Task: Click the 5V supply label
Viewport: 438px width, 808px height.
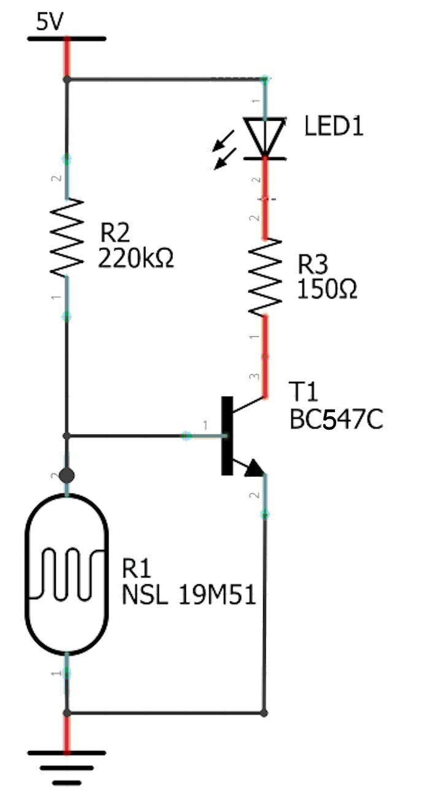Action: (x=50, y=22)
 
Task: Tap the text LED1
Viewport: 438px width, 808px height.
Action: (x=334, y=126)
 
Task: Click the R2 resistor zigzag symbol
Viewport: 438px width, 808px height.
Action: (x=67, y=237)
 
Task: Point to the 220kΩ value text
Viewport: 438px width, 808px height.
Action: (x=136, y=258)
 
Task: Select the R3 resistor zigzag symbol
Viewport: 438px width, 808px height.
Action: (x=265, y=277)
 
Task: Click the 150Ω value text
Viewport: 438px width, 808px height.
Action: (x=327, y=289)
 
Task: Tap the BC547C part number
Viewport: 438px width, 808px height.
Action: (x=336, y=419)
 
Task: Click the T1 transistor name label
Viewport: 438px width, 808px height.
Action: (x=303, y=391)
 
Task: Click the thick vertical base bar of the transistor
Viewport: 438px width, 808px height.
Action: (x=227, y=435)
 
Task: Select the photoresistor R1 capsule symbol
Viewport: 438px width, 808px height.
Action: (x=67, y=574)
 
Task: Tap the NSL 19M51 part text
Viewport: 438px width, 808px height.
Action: (x=189, y=595)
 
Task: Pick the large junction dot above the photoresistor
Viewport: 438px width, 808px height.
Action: (x=66, y=476)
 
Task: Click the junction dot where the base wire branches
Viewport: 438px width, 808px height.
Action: (x=66, y=436)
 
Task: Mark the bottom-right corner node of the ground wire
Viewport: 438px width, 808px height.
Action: (x=264, y=713)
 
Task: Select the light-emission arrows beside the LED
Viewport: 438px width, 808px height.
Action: (x=225, y=150)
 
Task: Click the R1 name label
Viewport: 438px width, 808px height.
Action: (x=136, y=568)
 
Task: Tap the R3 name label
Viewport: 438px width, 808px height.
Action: (x=313, y=264)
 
